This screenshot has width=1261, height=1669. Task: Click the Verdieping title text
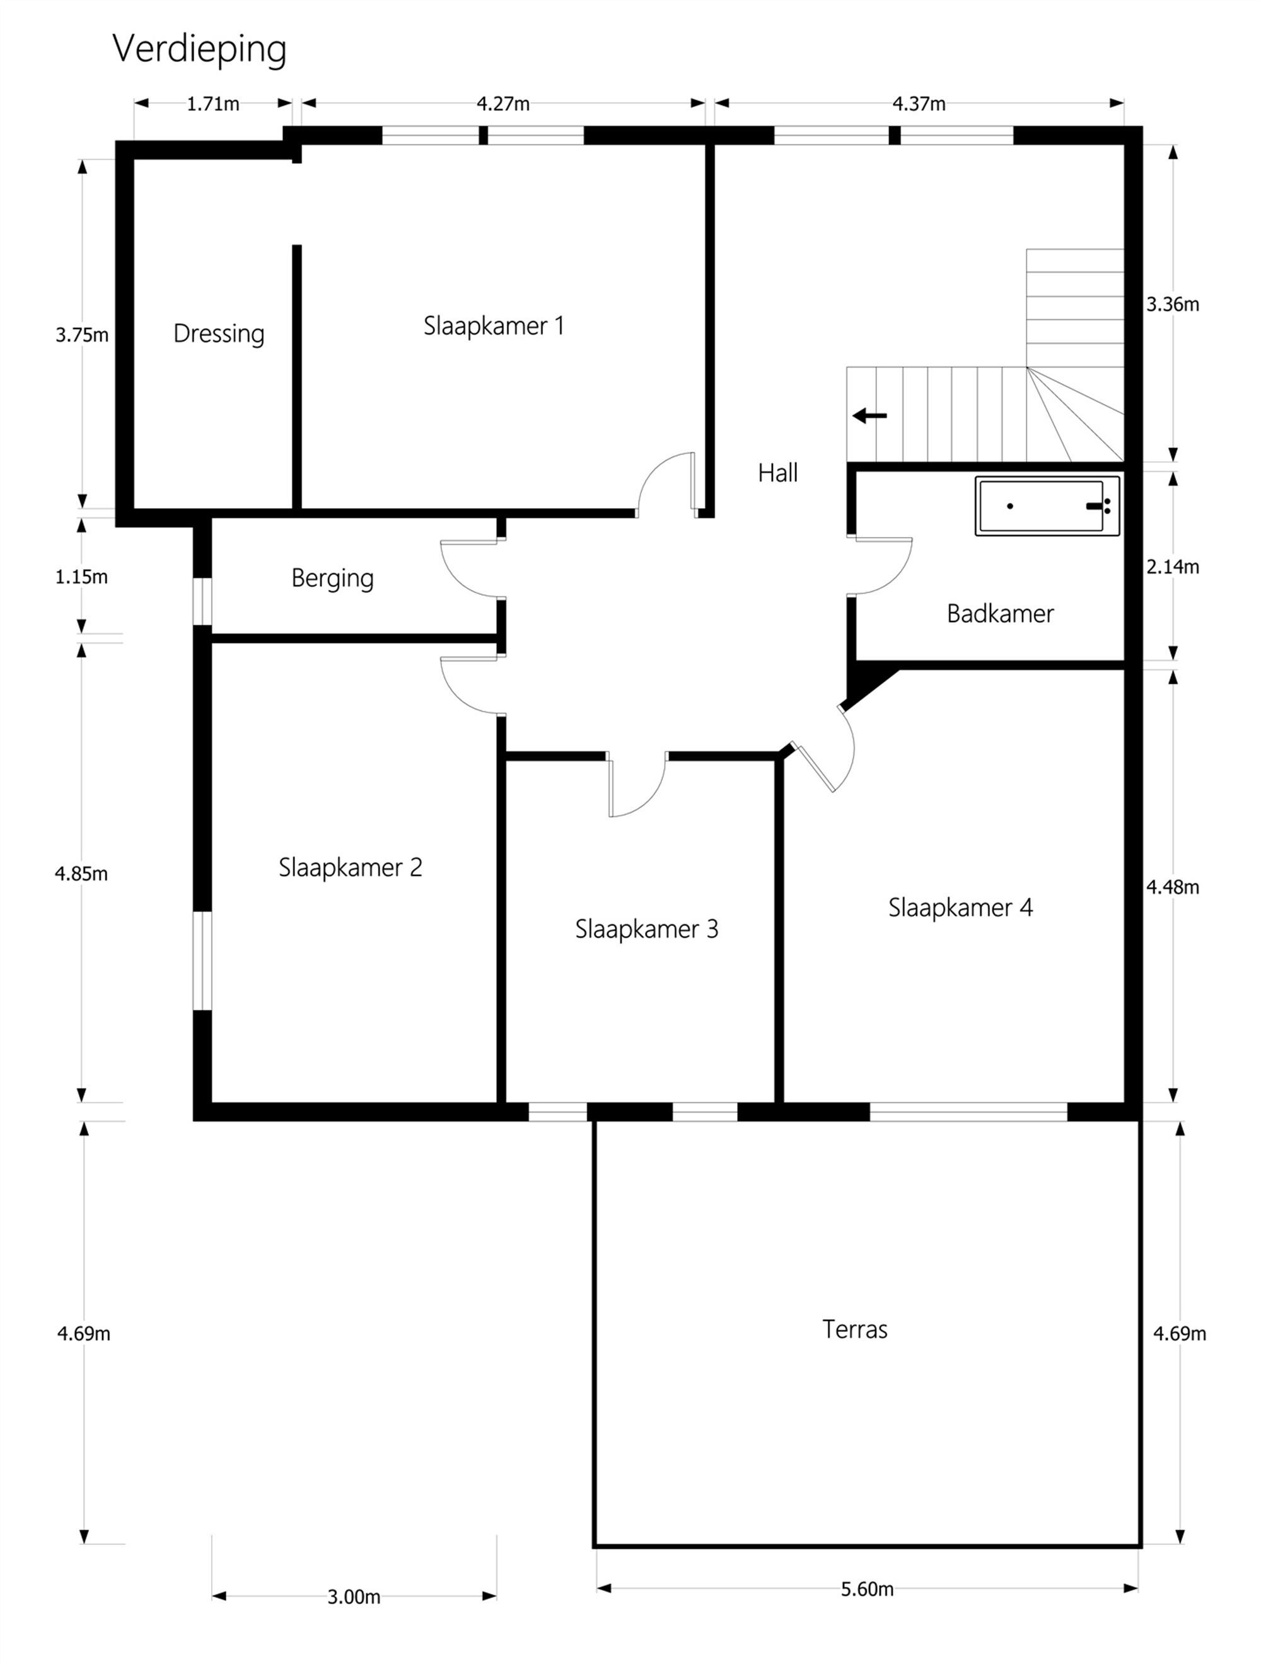coord(199,50)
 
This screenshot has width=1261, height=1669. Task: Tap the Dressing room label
coord(219,333)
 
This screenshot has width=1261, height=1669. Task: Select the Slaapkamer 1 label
coord(494,326)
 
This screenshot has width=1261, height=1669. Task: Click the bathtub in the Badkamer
coord(1047,506)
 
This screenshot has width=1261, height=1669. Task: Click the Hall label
coord(777,473)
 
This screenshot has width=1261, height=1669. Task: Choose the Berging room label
coord(332,578)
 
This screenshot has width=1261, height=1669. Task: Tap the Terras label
coord(854,1329)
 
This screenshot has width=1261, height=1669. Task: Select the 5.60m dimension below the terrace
coord(866,1589)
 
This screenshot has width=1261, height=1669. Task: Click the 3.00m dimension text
coord(353,1597)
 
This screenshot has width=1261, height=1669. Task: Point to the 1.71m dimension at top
coord(213,104)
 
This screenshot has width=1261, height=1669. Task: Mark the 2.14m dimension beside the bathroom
coord(1172,567)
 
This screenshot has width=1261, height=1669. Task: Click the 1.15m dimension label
coord(81,577)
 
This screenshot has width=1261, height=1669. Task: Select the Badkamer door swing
coord(883,567)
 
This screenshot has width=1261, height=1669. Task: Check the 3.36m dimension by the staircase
coord(1172,304)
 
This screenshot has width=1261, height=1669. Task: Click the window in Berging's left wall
coord(202,601)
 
